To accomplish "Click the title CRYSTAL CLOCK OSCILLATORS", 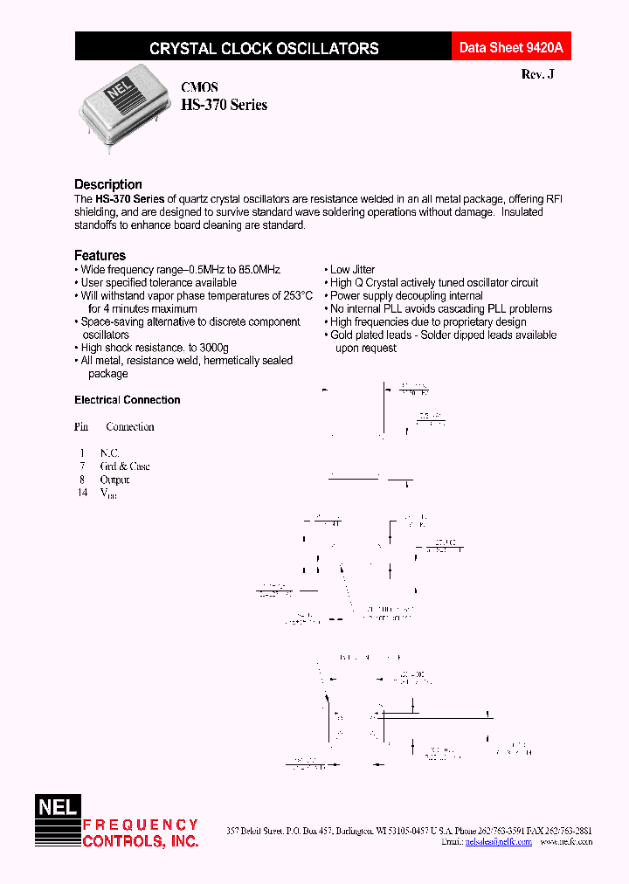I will coord(264,49).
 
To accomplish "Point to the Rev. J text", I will coord(537,75).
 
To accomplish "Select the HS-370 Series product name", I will coord(224,105).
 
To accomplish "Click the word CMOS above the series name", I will coord(199,87).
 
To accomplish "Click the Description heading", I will coord(108,184).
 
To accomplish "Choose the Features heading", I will coord(100,255).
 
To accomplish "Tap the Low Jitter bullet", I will coord(352,270).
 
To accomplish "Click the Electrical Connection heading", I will coord(128,400).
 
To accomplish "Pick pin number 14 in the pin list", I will coord(82,493).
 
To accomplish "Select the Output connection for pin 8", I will coord(114,480).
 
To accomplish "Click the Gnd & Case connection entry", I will coord(125,466).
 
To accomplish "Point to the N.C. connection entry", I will coord(109,453).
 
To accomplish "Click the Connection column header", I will coord(130,427).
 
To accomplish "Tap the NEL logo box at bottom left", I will coord(57,808).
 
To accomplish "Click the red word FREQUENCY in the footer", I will coord(141,825).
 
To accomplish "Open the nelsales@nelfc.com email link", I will coord(498,842).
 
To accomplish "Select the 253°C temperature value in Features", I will coord(294,296).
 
